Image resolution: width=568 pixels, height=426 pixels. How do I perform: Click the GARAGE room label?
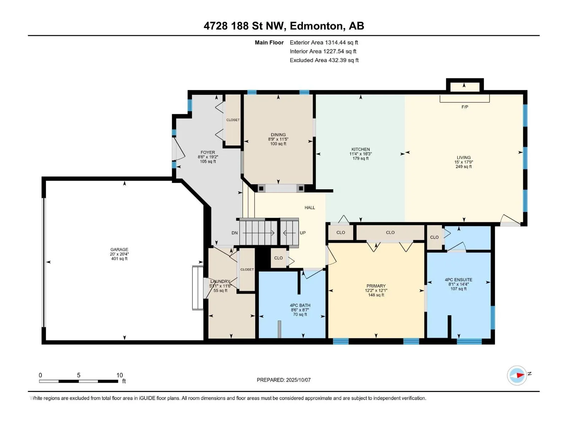pyautogui.click(x=119, y=250)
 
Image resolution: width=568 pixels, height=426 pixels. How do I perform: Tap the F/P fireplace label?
pyautogui.click(x=465, y=107)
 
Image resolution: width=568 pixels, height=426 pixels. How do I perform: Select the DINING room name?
pyautogui.click(x=278, y=135)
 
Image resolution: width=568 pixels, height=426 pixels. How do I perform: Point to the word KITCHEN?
pyautogui.click(x=360, y=149)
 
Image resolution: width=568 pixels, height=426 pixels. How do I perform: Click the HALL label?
pyautogui.click(x=310, y=207)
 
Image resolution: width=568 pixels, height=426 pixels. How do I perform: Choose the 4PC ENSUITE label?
pyautogui.click(x=459, y=280)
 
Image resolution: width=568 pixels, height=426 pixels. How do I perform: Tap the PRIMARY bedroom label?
pyautogui.click(x=376, y=286)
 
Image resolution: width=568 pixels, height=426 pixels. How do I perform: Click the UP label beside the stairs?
pyautogui.click(x=303, y=233)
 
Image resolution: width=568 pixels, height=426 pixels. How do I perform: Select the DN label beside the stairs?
pyautogui.click(x=234, y=233)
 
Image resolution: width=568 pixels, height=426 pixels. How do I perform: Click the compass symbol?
pyautogui.click(x=517, y=375)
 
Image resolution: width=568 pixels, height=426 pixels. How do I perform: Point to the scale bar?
pyautogui.click(x=79, y=381)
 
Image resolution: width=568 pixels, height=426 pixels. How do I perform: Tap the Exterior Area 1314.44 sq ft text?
pyautogui.click(x=324, y=42)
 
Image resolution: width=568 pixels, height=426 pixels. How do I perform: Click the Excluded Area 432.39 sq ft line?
pyautogui.click(x=324, y=60)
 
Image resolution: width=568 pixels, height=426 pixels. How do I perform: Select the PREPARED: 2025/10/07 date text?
pyautogui.click(x=284, y=380)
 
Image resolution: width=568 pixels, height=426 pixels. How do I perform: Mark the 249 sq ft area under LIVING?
pyautogui.click(x=464, y=166)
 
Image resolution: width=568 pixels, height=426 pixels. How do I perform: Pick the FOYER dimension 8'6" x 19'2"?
pyautogui.click(x=208, y=157)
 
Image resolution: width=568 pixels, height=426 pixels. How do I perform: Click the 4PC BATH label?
pyautogui.click(x=300, y=305)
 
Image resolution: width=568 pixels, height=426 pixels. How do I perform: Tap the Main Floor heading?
pyautogui.click(x=269, y=42)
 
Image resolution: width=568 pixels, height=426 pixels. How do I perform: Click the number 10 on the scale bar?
pyautogui.click(x=120, y=375)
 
